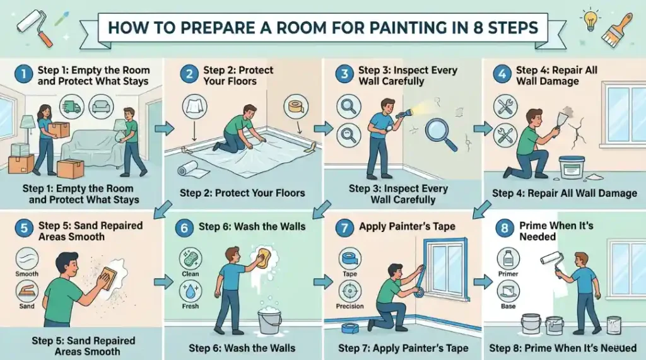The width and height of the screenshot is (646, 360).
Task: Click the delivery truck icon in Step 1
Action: coord(71,107)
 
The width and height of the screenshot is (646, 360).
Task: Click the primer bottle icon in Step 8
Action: coord(508,259)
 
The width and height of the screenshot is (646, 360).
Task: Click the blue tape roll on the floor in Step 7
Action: coord(350,328)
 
